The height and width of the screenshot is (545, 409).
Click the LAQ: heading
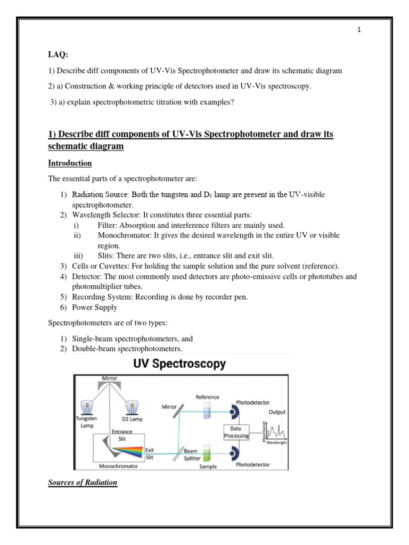pos(59,55)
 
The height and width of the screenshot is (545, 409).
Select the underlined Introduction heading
pos(70,163)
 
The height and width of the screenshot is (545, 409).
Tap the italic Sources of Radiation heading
pos(83,482)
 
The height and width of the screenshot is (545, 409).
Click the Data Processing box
pos(236,432)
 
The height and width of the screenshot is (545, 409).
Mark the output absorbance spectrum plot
pos(275,430)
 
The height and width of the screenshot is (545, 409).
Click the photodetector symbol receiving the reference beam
pos(235,411)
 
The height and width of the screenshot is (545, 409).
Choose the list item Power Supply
pos(91,307)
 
